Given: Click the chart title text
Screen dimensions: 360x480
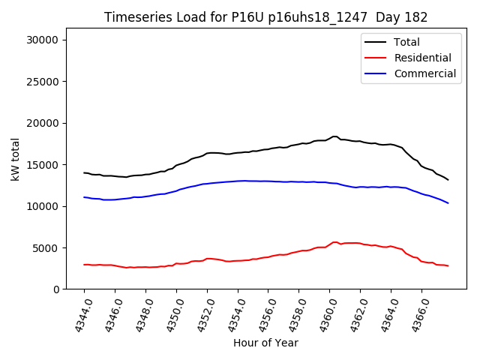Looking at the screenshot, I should [x=265, y=17].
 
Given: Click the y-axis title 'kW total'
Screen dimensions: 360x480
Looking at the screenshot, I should [x=16, y=159].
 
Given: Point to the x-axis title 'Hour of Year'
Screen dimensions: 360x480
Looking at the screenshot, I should [x=265, y=343].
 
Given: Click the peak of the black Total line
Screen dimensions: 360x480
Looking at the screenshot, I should [x=334, y=136].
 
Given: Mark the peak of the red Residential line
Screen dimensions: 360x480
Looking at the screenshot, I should [x=334, y=242].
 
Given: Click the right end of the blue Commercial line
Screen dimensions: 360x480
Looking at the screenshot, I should [x=448, y=203].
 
